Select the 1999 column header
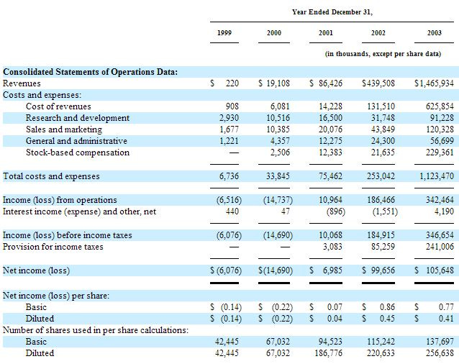(224, 34)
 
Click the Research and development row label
(78, 118)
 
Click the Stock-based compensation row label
(78, 153)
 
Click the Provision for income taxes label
(53, 247)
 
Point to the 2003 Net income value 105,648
(435, 270)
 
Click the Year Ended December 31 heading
(332, 12)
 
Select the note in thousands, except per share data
(383, 54)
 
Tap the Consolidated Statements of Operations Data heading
(91, 71)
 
